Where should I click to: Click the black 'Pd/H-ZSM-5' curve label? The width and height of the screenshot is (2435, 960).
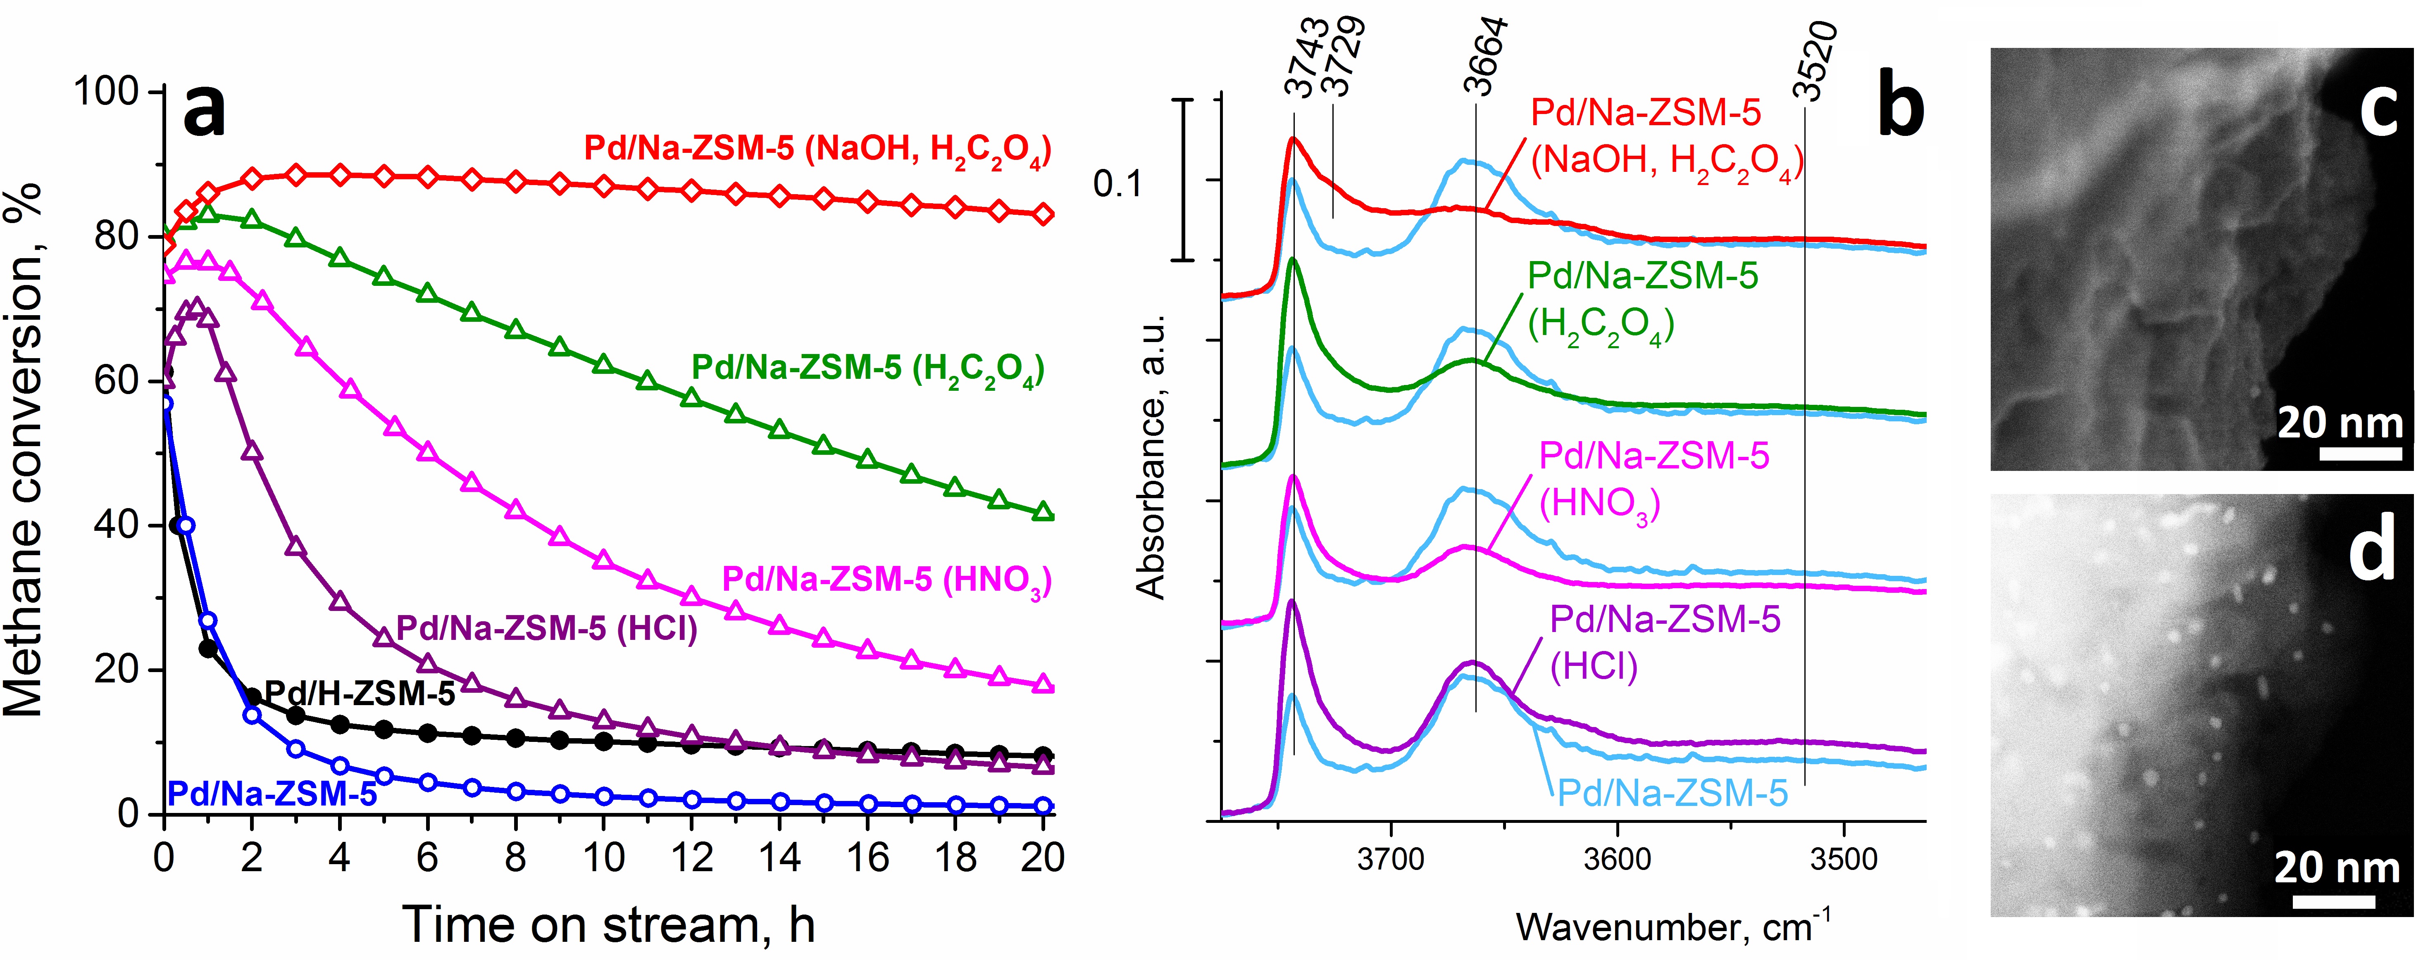coord(359,694)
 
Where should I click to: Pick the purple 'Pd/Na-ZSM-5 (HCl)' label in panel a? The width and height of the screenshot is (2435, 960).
coord(546,628)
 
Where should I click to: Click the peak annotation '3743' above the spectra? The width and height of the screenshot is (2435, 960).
coord(1307,59)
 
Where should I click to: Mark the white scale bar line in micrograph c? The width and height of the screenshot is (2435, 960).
coord(2360,454)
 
